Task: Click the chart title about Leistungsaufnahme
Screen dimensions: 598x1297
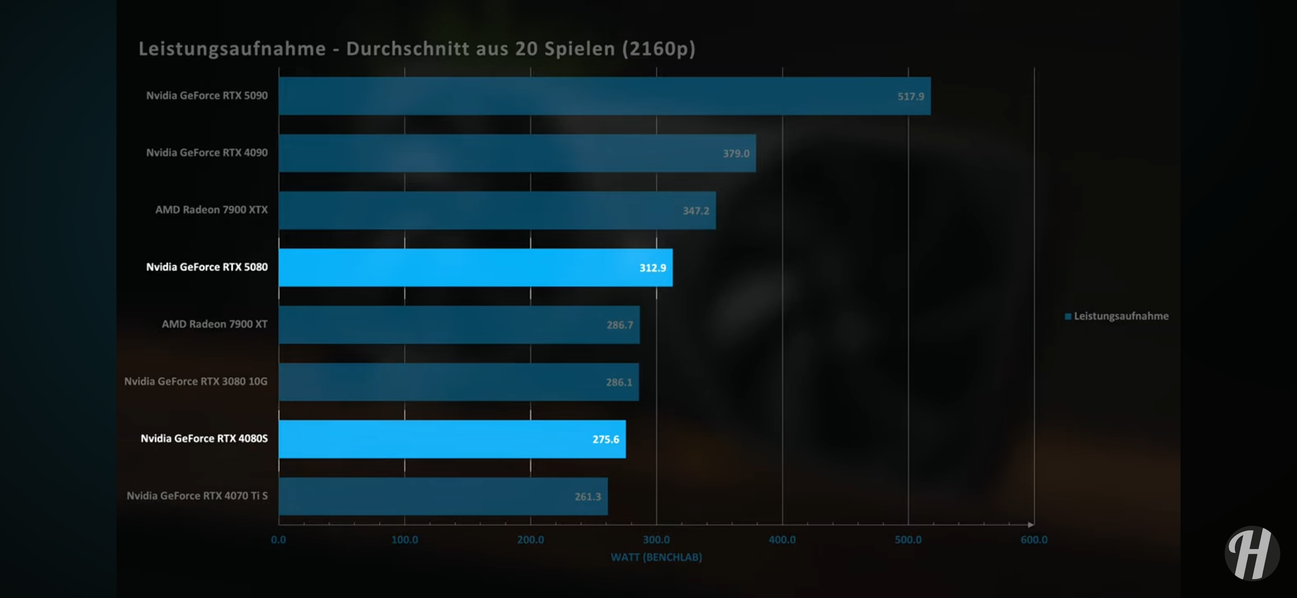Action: (417, 49)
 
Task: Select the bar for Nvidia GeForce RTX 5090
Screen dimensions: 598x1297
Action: (604, 96)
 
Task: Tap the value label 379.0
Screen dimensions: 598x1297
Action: (736, 153)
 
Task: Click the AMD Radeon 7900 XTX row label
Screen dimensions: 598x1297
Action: (212, 210)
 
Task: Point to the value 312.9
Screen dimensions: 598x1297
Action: (653, 268)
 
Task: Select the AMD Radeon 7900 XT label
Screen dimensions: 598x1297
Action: (214, 324)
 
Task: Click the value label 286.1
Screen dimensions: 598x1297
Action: (619, 382)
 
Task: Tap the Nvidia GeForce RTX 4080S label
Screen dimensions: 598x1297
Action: (204, 439)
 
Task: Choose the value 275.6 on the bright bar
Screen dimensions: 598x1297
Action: (605, 439)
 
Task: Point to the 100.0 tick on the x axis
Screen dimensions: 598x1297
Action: (405, 540)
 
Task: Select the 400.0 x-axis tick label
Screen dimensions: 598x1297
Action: (782, 540)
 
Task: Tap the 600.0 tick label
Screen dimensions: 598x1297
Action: (1034, 540)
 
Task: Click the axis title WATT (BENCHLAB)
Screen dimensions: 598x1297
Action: (656, 557)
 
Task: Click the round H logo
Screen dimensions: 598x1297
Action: (1252, 553)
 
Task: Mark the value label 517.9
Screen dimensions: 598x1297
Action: (910, 96)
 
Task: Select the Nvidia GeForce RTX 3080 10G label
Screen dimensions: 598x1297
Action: (196, 382)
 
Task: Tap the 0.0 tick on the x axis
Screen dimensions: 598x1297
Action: (278, 540)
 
